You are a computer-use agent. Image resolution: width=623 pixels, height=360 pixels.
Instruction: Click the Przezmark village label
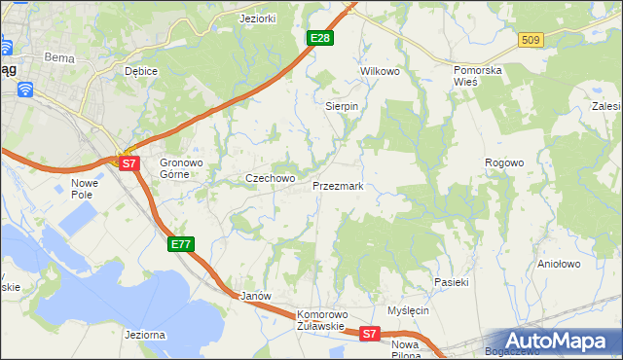[x=338, y=185]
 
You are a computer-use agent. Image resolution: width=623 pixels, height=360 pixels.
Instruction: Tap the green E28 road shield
[x=320, y=38]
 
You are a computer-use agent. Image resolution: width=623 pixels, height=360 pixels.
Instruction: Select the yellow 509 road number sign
[x=530, y=40]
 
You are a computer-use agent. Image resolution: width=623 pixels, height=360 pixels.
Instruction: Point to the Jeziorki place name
[x=259, y=18]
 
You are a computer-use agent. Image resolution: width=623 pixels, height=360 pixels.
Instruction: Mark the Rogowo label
[x=505, y=162]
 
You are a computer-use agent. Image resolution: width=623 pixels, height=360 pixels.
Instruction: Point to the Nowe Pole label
[x=87, y=189]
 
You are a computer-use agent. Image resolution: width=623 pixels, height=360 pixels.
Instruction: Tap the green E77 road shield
[x=181, y=244]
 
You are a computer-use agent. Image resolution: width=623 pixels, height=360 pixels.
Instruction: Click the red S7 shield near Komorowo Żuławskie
[x=368, y=334]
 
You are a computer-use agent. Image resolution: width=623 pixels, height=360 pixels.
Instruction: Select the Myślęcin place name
[x=408, y=310]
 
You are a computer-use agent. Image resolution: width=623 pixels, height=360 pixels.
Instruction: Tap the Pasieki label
[x=452, y=282]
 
